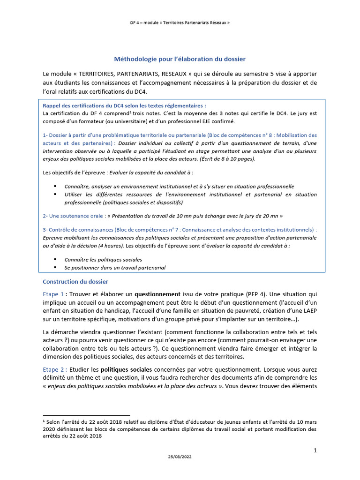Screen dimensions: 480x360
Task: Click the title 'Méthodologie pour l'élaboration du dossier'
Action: coord(180,59)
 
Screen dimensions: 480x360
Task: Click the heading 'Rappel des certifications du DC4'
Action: coord(124,106)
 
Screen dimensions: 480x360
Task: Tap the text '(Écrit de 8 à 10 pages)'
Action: coord(227,159)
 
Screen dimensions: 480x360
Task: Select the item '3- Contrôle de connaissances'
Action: coord(77,230)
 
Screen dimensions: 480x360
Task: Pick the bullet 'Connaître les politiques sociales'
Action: coord(103,259)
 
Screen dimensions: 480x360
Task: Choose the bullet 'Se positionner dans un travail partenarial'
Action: coord(115,268)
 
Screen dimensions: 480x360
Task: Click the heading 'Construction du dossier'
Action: coord(75,282)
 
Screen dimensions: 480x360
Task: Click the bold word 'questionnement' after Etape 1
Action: coord(157,294)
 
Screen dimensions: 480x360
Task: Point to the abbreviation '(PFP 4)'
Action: coord(257,294)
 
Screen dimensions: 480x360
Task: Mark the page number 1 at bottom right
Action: coord(315,450)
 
